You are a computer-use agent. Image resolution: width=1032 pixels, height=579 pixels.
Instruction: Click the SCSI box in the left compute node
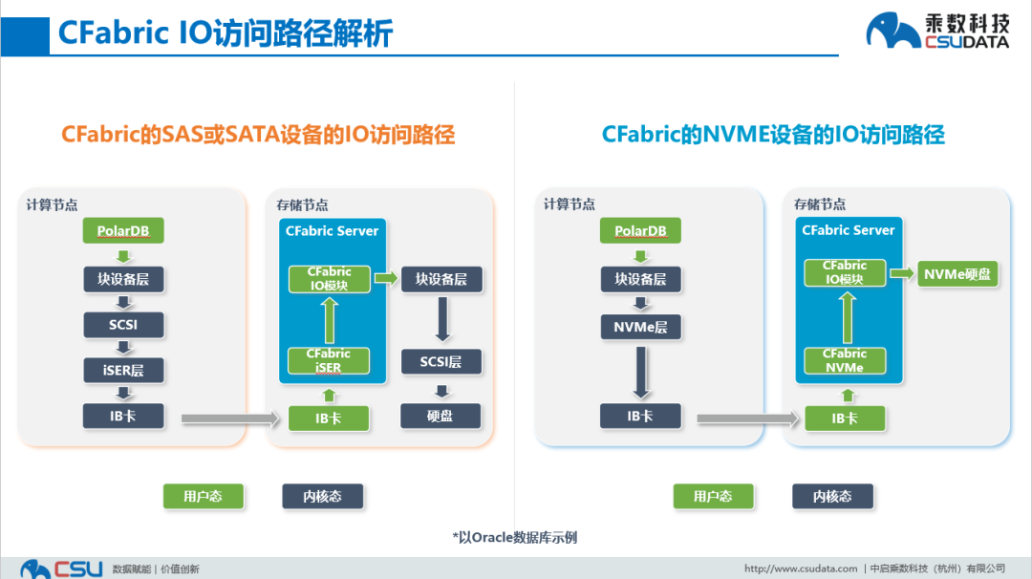tap(123, 325)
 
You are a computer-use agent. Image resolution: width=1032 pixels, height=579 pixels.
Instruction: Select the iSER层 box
tap(123, 370)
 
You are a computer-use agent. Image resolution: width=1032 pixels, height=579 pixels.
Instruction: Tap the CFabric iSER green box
tap(329, 360)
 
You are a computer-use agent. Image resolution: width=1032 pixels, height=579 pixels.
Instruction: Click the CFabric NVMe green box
tap(845, 360)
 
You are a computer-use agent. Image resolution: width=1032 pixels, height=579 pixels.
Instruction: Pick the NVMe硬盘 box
tap(957, 274)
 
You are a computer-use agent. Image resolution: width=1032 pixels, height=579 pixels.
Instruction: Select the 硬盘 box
tap(441, 417)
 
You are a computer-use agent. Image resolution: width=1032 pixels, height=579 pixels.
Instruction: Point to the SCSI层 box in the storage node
tap(441, 362)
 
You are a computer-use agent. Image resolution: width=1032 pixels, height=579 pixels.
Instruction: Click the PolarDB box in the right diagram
tap(640, 231)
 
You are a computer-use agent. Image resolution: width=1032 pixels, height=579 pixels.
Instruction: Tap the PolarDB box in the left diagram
tap(123, 231)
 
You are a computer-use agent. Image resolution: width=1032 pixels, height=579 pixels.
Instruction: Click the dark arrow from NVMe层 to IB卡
tap(640, 372)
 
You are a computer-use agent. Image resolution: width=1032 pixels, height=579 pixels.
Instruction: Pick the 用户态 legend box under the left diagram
tap(203, 496)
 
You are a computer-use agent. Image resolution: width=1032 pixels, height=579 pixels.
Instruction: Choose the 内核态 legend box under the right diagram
tap(832, 496)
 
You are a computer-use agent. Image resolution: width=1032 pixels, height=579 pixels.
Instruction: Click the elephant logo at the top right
tap(892, 31)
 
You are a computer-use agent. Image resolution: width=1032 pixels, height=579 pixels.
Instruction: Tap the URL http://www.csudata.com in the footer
tap(801, 568)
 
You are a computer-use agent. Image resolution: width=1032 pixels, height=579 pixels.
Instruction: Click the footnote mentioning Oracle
tap(515, 537)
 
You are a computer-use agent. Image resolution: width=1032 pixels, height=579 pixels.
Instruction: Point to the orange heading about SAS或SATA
tap(258, 134)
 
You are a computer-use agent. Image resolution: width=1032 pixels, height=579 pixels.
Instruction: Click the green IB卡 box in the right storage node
tap(845, 418)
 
